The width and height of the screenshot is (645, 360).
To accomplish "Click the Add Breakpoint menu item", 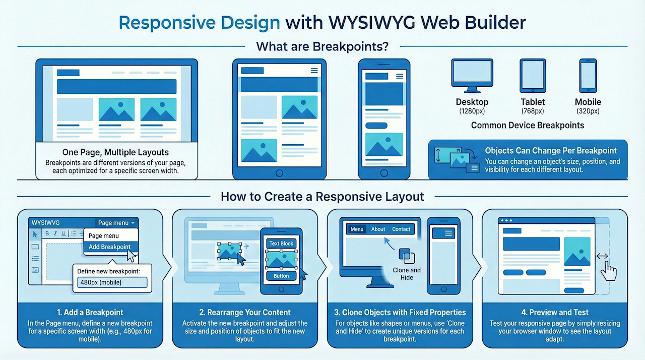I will click(x=109, y=247).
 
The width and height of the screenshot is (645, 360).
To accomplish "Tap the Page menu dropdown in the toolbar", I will click(x=116, y=223).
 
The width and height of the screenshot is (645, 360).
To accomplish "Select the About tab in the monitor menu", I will click(x=378, y=229).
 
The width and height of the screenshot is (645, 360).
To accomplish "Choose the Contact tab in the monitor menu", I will click(x=401, y=229).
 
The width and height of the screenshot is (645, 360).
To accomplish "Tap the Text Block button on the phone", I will click(x=281, y=244).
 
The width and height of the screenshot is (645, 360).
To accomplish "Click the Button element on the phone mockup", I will click(x=281, y=276).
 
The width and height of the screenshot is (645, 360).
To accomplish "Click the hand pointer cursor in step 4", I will click(x=609, y=271).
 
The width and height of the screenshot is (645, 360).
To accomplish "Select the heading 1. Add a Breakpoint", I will click(x=90, y=312).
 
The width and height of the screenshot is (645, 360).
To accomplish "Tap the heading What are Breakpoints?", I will click(x=322, y=46).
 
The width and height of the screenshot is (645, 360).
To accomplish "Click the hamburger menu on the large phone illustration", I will click(x=400, y=76).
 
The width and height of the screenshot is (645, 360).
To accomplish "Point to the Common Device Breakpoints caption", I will click(x=528, y=125).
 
